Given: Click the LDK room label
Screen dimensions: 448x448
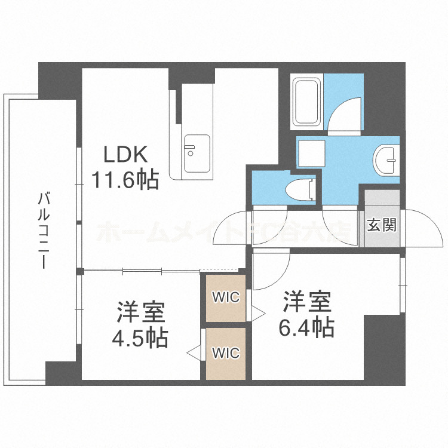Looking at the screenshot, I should pos(125,155).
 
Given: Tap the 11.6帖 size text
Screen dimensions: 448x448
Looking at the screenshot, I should pos(125,179).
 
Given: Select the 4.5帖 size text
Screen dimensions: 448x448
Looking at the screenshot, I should pos(140,338).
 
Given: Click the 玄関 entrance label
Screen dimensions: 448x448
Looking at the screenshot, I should pos(381,226).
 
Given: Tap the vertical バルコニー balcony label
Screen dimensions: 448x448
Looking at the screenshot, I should pos(42,230).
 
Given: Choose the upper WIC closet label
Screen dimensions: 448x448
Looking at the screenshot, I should pos(226,297).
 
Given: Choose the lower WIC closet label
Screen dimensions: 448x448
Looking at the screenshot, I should pos(226,353).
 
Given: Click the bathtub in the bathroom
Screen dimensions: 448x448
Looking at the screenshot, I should pos(307,102).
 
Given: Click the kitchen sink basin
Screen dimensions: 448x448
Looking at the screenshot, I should pos(197,149).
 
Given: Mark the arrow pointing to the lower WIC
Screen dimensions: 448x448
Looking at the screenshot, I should pos(194,353).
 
